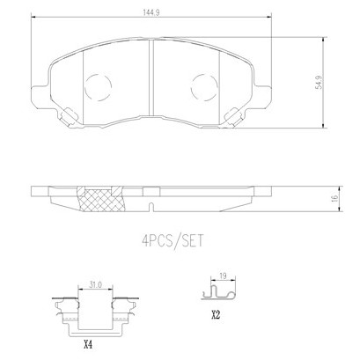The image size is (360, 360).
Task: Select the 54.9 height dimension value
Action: (319, 83)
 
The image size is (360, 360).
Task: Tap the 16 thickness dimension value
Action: (334, 198)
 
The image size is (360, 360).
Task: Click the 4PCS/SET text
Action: (173, 241)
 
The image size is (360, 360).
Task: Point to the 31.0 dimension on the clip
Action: (96, 284)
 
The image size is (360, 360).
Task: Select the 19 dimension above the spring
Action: (224, 276)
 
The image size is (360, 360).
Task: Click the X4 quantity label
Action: (88, 345)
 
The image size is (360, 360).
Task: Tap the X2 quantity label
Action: (216, 315)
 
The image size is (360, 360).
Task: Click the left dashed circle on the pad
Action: (98, 87)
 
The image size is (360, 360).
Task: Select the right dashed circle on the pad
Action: (204, 87)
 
